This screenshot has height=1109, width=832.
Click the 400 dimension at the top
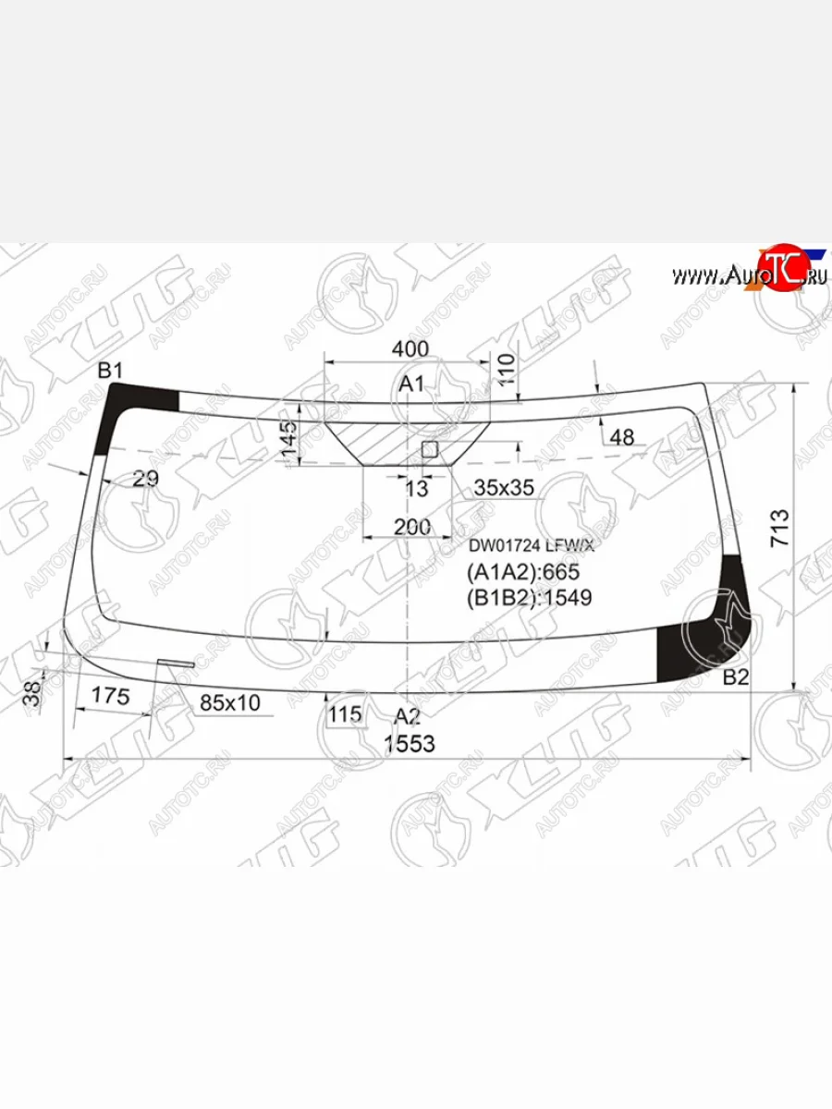click(410, 349)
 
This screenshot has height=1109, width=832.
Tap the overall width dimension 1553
click(410, 744)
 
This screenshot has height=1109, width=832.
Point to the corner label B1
click(111, 372)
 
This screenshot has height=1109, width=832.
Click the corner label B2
click(736, 677)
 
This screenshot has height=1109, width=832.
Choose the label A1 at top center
click(410, 384)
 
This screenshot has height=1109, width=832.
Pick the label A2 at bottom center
click(408, 715)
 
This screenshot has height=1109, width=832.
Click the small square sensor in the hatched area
click(429, 449)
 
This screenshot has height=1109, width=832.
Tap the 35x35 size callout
click(503, 488)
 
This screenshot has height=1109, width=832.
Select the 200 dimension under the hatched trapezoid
click(412, 527)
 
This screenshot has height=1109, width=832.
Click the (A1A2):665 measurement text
click(523, 572)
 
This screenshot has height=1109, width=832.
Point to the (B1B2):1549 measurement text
click(530, 597)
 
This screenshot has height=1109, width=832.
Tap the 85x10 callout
click(230, 703)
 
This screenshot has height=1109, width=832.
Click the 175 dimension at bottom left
click(112, 697)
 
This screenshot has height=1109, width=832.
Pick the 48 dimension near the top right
click(623, 438)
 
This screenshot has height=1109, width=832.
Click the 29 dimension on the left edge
click(145, 479)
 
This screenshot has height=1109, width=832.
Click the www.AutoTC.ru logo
click(749, 273)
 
